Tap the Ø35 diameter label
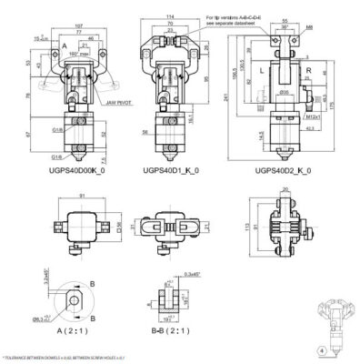coord(284,92)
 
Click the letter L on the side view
coord(262,69)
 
